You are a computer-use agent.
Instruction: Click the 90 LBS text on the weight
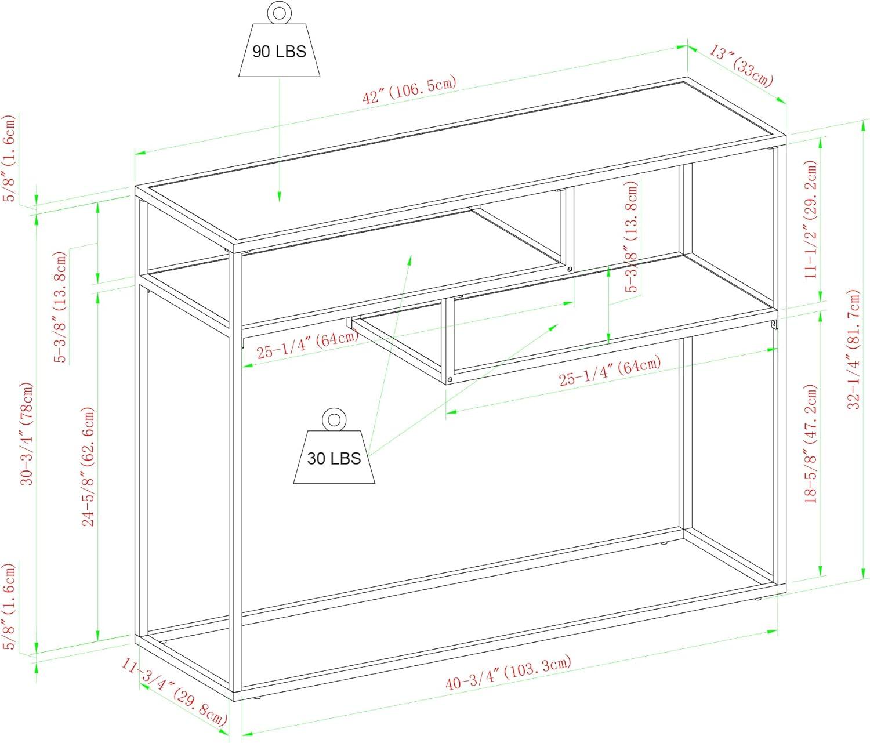click(x=279, y=52)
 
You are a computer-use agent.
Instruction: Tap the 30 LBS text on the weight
click(x=333, y=458)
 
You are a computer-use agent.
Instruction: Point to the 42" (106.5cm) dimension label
click(x=409, y=90)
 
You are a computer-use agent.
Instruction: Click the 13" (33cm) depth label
click(x=741, y=67)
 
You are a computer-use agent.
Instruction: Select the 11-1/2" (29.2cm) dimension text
click(x=811, y=219)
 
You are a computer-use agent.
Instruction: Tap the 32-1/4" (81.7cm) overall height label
click(x=854, y=349)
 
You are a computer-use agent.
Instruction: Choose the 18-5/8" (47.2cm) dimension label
click(x=811, y=444)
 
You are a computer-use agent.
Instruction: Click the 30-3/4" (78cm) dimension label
click(x=27, y=434)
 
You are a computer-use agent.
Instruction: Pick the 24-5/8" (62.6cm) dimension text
click(x=88, y=466)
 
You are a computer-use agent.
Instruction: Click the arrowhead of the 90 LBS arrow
click(x=279, y=197)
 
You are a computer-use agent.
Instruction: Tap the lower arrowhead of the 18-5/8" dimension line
click(x=820, y=571)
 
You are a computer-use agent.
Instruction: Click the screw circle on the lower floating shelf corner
click(x=449, y=380)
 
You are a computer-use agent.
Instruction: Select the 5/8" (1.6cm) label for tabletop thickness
click(x=9, y=158)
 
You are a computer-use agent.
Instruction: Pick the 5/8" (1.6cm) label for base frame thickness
click(x=9, y=607)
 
